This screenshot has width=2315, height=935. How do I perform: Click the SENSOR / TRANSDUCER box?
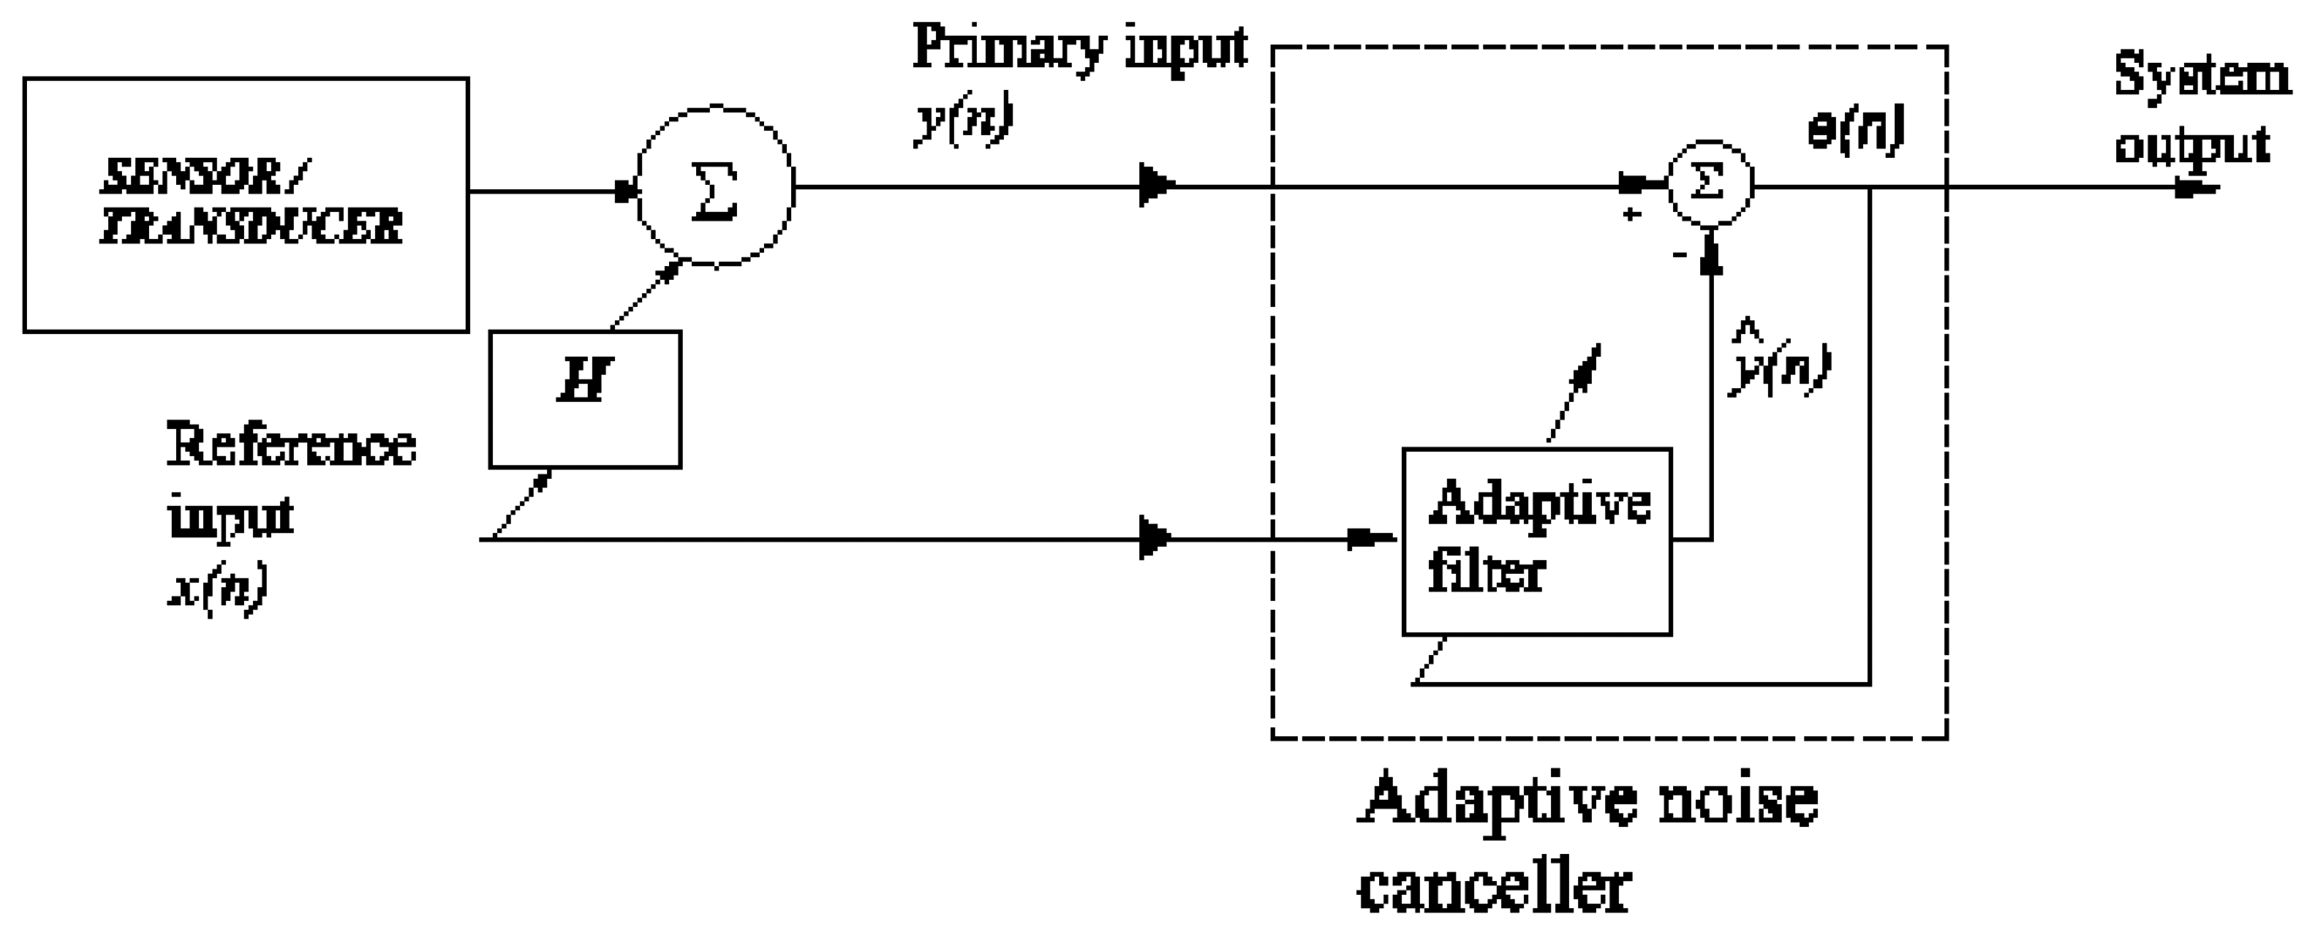coord(245,205)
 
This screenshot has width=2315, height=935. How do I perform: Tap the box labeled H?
coord(585,400)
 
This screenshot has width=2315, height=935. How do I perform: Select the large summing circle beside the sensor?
coord(715,187)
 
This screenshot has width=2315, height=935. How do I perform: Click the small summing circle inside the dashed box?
coord(1710,183)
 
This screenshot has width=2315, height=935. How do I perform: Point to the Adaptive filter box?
coord(1537,542)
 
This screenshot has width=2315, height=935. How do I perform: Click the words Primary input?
coord(1079,47)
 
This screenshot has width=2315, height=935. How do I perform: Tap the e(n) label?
coord(1856,131)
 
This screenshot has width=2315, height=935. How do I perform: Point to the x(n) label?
coord(218,589)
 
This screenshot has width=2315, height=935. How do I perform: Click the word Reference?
coord(291,445)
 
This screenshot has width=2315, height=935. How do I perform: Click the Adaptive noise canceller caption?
coord(1586,841)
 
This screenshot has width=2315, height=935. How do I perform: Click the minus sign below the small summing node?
coord(1679,256)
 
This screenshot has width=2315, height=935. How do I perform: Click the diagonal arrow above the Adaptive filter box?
coord(1574,392)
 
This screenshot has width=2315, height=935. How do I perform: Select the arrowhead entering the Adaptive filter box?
coord(1371,539)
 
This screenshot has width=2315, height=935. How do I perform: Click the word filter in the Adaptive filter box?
coord(1486,572)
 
